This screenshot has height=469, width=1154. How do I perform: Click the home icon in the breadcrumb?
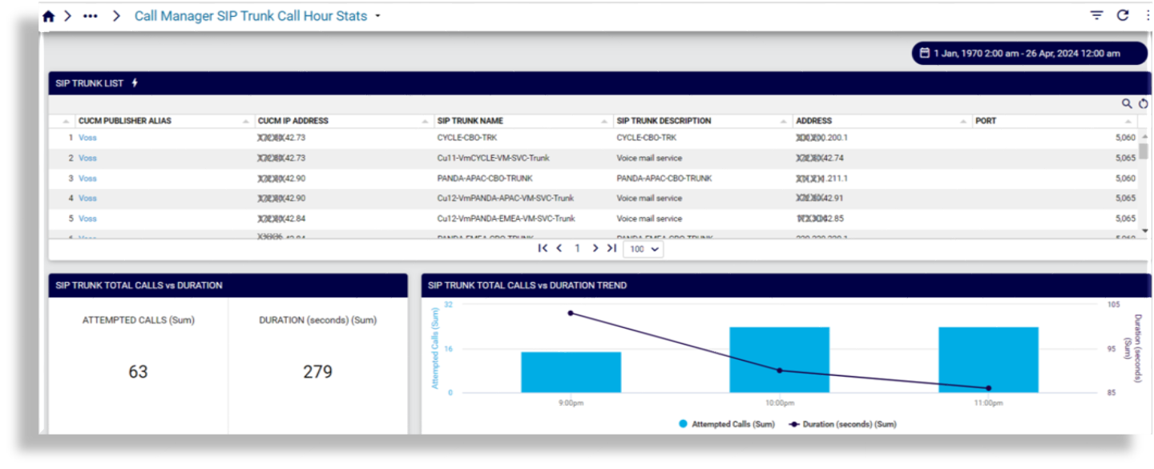(48, 16)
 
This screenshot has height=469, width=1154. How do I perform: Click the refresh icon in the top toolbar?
(1123, 15)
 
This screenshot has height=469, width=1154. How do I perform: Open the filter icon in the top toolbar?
(1096, 15)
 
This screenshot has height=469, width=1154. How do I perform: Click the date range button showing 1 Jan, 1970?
(1029, 53)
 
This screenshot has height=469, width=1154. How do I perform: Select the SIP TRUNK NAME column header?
(470, 121)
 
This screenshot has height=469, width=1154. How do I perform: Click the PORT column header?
(986, 121)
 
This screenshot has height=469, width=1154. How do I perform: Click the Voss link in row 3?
(87, 178)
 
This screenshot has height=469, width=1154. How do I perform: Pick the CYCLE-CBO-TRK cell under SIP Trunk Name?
(467, 138)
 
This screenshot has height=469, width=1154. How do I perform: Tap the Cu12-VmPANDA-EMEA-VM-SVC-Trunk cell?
(506, 218)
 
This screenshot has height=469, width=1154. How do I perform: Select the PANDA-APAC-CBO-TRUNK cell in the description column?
(664, 178)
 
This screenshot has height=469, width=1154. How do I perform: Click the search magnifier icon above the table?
(1127, 103)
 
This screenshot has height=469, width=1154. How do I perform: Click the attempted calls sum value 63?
(138, 372)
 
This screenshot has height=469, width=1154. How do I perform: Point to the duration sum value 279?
(317, 372)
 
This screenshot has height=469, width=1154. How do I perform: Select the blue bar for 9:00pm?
(571, 373)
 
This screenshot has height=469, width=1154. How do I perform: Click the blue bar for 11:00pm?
(988, 360)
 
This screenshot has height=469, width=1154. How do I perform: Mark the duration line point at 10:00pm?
(780, 370)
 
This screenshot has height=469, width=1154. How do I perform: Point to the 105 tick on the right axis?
(1112, 305)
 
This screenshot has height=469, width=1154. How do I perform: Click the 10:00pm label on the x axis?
(780, 403)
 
